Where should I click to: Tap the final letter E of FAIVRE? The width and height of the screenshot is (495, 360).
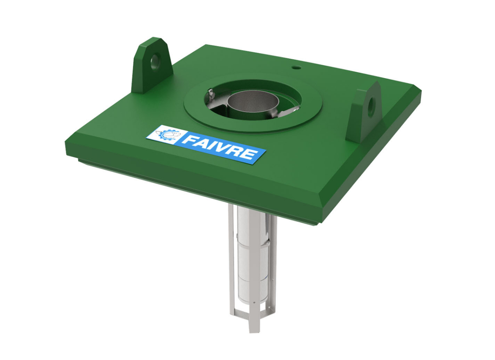tap(249, 154)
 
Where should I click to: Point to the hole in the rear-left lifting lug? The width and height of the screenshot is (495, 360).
tap(155, 62)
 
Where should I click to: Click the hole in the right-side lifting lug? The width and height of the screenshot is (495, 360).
tap(371, 106)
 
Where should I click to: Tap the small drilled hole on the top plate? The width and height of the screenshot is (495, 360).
tap(296, 67)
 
